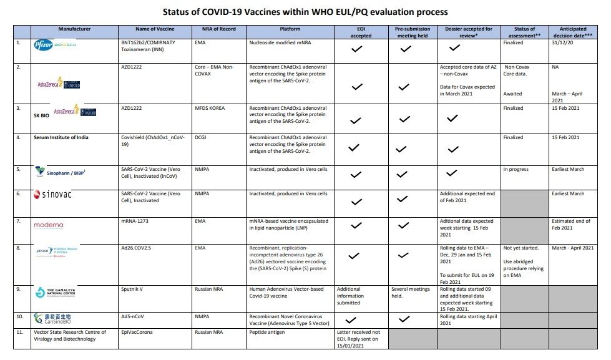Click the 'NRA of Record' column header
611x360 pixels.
tap(208, 29)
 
